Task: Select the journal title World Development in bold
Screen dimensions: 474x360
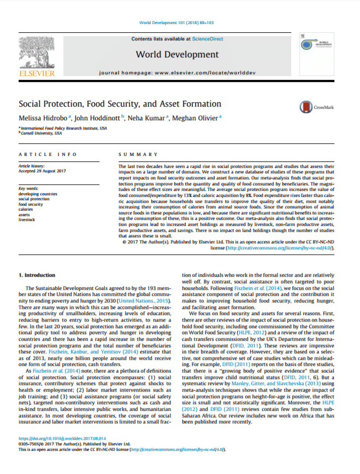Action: pos(177,54)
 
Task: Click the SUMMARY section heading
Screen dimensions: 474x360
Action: pos(138,155)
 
